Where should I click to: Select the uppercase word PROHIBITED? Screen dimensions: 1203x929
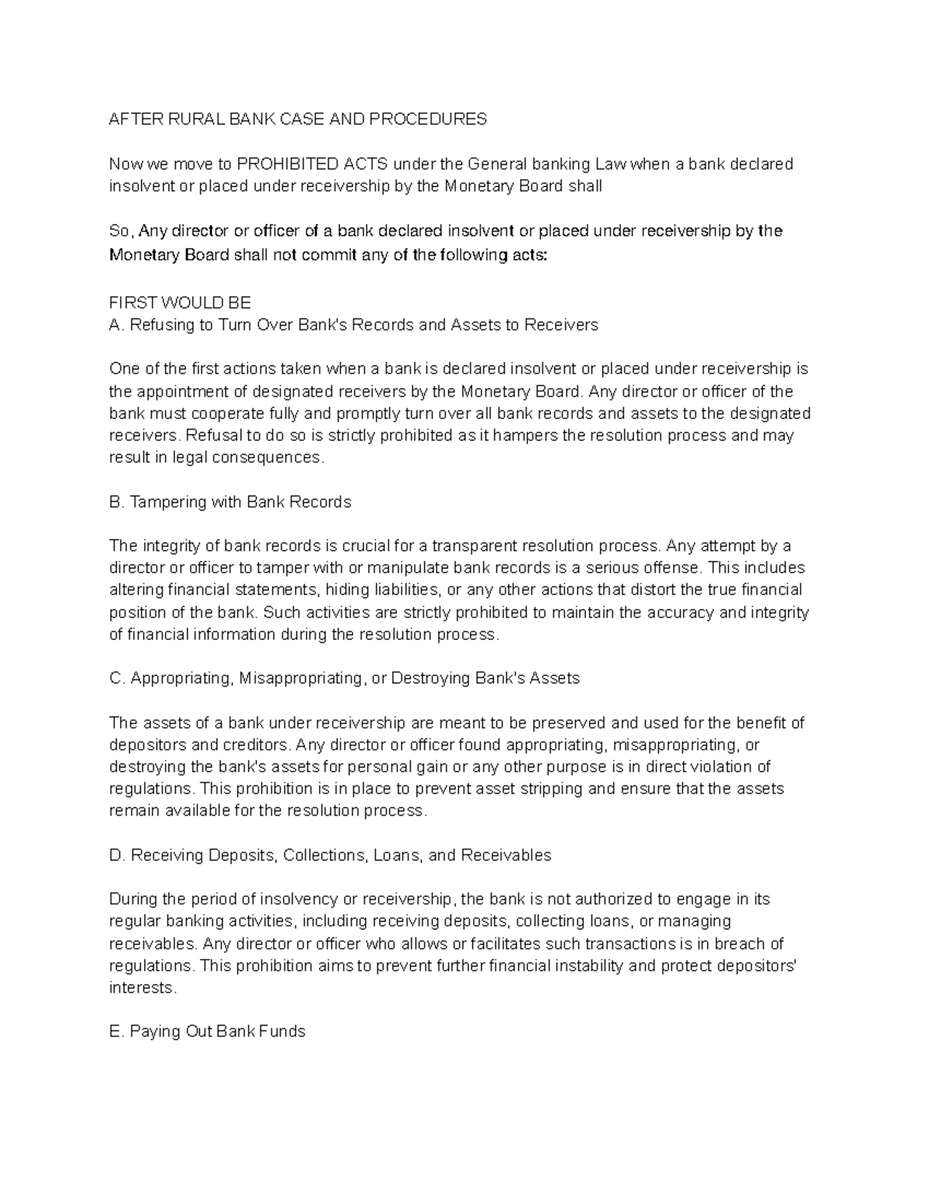coord(287,164)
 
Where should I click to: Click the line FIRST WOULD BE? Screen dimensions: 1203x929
coord(180,303)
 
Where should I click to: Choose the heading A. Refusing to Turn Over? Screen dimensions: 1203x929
coord(354,325)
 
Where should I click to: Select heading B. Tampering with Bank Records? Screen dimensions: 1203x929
coord(231,502)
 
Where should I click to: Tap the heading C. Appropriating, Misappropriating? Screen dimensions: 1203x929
coord(345,679)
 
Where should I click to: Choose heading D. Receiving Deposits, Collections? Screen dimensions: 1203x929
coord(331,856)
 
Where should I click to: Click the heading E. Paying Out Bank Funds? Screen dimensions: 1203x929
coord(207,1032)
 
